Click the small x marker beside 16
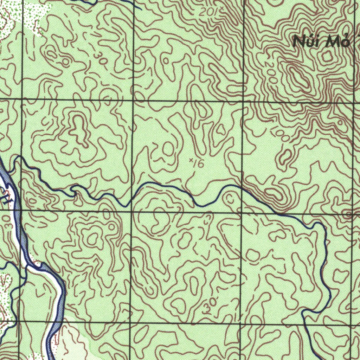click(191, 160)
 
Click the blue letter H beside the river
click(6, 199)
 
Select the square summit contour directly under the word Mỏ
click(327, 57)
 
